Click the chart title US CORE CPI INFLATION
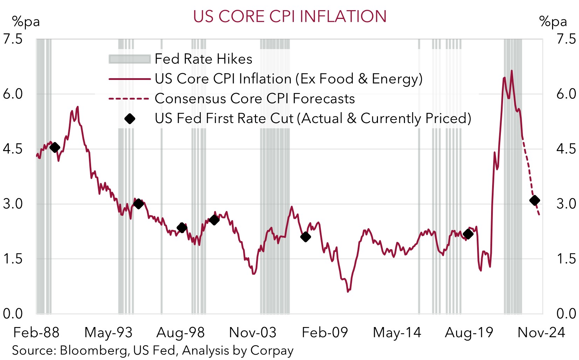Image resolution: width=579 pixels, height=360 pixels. coord(290,16)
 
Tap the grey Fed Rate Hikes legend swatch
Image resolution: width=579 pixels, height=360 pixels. coord(129,59)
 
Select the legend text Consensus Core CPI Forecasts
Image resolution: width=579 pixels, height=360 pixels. coord(255,99)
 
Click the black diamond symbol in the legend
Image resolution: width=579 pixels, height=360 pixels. coord(130,119)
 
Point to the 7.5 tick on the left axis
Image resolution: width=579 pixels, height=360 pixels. coord(13,39)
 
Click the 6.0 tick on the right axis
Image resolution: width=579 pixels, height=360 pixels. coord(566,94)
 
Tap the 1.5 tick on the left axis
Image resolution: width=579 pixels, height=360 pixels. coord(13,259)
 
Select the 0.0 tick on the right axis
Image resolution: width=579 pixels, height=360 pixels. coord(566,314)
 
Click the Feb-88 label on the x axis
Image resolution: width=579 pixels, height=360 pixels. coord(36,333)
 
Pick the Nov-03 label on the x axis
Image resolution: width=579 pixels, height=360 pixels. coord(253,333)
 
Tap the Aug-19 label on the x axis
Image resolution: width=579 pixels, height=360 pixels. coord(469,333)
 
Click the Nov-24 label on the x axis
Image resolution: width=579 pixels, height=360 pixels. coord(541,333)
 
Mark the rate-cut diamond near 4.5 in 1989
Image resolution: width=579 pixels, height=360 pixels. coord(55,148)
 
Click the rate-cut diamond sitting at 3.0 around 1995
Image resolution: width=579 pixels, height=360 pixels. coord(138,204)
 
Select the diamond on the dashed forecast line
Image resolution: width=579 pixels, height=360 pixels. coord(535,201)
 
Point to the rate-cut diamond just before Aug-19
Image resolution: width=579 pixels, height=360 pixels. coord(468,234)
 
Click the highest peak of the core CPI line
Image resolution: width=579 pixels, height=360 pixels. coord(512,71)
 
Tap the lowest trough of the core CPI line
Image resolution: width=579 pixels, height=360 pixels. coord(348,291)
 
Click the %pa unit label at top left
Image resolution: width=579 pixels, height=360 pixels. coord(26,22)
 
